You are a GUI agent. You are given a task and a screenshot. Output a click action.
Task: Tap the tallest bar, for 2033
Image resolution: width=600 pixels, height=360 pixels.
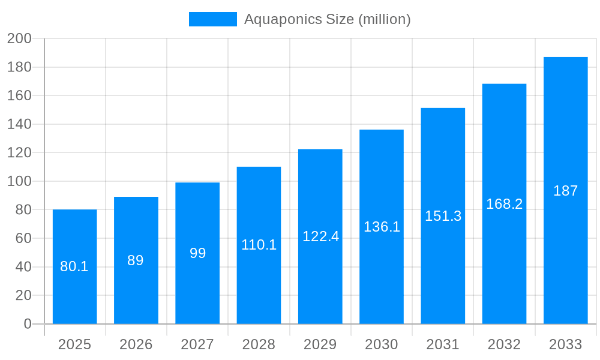[565, 150]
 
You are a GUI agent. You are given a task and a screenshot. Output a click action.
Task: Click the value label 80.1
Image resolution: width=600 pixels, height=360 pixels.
[74, 266]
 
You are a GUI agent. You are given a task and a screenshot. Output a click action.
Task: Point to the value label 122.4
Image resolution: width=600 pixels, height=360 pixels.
[320, 236]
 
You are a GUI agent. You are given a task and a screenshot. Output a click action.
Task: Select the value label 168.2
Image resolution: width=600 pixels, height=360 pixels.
[504, 204]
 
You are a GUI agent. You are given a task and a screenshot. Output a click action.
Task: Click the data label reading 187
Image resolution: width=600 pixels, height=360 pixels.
[565, 191]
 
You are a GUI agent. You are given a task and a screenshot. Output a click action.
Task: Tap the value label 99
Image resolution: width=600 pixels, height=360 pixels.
[197, 253]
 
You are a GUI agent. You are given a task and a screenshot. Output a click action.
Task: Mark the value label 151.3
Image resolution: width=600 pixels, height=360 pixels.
[443, 216]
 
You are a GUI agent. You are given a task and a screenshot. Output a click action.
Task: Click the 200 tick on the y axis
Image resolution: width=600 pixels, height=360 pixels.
[19, 38]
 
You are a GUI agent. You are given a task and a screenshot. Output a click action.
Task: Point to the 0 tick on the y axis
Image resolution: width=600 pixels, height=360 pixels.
[27, 324]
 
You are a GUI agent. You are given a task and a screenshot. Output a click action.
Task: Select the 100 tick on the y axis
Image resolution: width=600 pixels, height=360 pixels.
[19, 181]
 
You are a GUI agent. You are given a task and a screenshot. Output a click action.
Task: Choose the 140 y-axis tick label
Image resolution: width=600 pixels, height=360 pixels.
[19, 124]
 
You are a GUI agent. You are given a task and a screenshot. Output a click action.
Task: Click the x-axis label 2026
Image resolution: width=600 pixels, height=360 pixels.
[136, 344]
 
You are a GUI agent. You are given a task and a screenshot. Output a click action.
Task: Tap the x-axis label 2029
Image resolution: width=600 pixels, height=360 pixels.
[320, 344]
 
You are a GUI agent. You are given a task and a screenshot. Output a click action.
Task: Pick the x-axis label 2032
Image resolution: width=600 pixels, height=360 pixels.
[504, 344]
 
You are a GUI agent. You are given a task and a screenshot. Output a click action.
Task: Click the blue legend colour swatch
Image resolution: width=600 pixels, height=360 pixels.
[212, 19]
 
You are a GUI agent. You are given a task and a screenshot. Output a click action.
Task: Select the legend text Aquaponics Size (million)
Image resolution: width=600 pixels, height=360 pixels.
[328, 19]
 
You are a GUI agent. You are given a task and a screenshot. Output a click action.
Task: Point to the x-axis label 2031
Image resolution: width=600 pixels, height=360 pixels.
[443, 344]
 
